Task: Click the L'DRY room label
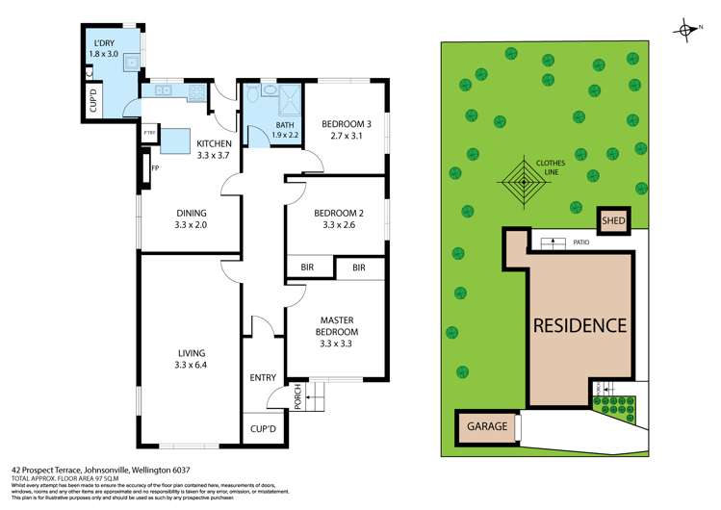coord(103,44)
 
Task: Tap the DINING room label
coord(192,214)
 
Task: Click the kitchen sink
coord(161,92)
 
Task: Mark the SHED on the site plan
coord(613,221)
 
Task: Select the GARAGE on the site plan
coord(486,425)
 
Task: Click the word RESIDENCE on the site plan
coord(580,325)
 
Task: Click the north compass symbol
coord(687,30)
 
